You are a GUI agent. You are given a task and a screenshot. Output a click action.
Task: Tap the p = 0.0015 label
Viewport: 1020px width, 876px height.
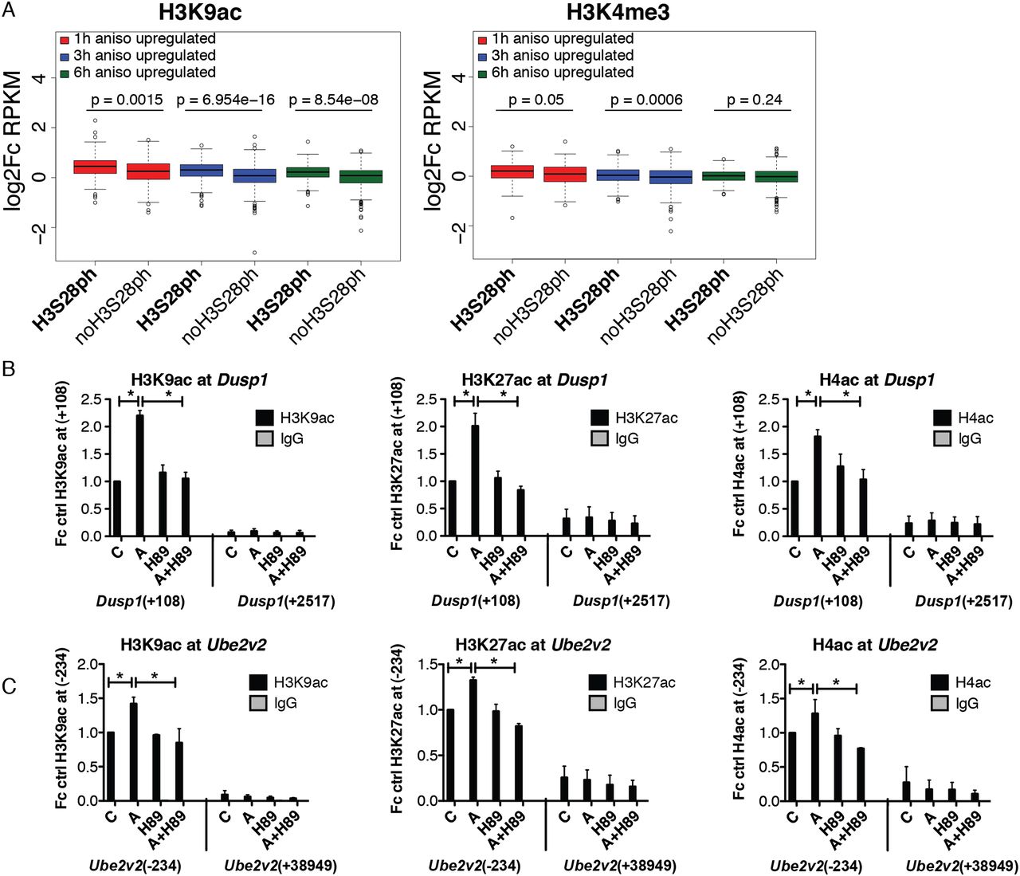pos(124,100)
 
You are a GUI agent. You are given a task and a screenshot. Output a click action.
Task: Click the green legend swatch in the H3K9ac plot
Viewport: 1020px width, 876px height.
pos(65,73)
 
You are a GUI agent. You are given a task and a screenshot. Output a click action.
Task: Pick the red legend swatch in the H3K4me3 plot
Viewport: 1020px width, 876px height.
pos(481,39)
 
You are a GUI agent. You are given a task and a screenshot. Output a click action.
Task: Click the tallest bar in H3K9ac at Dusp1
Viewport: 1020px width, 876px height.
pos(139,475)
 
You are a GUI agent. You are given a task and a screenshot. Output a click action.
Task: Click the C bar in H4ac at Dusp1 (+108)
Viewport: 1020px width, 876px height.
pos(794,509)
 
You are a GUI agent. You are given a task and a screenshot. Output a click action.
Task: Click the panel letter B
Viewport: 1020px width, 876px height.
pos(10,370)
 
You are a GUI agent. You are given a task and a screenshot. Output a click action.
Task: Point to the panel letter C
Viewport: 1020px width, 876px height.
pos(10,686)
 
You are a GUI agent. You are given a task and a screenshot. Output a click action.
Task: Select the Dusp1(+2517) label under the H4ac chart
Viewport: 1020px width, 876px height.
pos(963,601)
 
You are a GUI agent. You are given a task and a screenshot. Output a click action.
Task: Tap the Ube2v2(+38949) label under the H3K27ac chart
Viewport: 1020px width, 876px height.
pos(620,866)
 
